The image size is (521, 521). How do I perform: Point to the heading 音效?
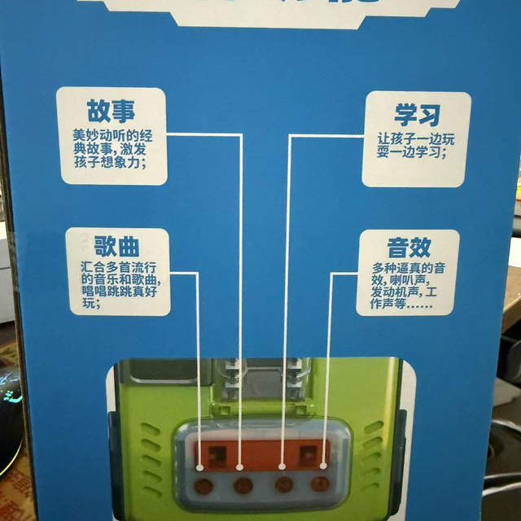[409, 247]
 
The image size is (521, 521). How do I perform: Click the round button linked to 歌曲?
[203, 486]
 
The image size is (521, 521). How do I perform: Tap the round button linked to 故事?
[243, 486]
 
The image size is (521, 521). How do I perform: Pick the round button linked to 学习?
[284, 486]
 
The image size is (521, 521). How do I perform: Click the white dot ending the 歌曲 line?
[201, 466]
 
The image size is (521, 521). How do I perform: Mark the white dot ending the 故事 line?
[240, 466]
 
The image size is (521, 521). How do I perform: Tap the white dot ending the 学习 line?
[282, 466]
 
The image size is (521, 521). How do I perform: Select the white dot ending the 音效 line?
[324, 466]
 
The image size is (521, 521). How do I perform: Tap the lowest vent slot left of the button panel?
[152, 489]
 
